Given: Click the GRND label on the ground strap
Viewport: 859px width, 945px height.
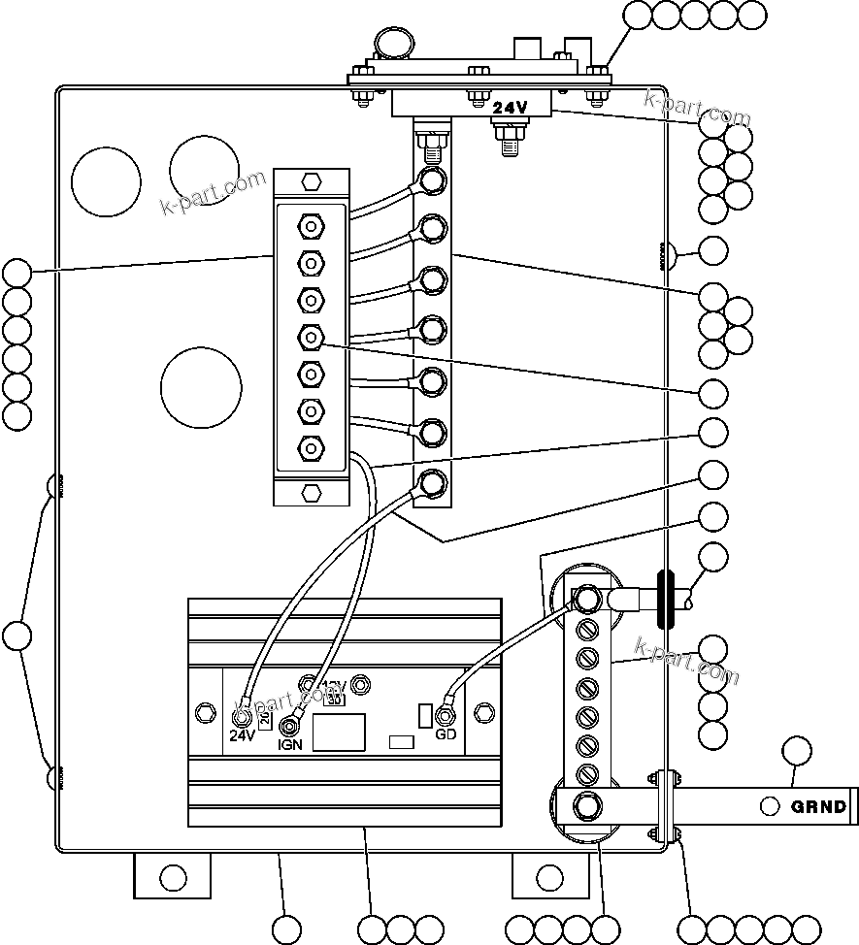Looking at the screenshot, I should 819,806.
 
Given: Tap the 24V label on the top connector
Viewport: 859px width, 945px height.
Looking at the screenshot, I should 510,109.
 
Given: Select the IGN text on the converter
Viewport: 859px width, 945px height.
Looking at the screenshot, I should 289,744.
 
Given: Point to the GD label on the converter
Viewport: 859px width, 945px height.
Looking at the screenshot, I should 446,734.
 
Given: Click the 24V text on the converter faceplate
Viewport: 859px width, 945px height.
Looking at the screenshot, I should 242,734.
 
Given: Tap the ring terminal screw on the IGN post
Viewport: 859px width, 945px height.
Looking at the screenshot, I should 289,726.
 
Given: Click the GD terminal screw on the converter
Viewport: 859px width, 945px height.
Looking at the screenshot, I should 446,716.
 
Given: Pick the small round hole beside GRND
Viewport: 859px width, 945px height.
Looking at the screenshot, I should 770,806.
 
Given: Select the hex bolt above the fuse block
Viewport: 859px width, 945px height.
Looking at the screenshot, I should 311,181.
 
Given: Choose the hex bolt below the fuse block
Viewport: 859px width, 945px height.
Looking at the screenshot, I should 311,492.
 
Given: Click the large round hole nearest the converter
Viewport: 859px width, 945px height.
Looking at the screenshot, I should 200,386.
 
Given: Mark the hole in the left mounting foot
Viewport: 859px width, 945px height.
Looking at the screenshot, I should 173,879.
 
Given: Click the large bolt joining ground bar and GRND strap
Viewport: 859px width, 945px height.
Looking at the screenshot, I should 586,806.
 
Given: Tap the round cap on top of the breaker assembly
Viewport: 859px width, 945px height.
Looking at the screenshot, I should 391,42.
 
